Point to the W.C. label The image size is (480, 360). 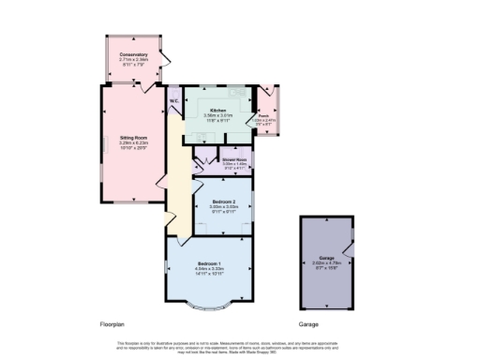174,100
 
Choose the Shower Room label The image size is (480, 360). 234,159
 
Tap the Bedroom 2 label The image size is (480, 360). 222,202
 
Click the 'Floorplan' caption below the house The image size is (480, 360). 112,324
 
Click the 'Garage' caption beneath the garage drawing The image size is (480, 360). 309,324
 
